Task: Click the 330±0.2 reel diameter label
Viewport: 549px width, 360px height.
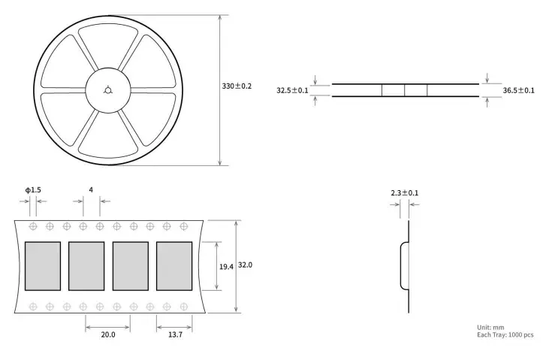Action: (x=237, y=86)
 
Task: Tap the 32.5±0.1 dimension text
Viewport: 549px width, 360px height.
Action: (x=292, y=90)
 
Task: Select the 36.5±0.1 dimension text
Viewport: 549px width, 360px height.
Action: (x=518, y=90)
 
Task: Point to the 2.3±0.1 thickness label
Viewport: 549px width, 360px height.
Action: (x=404, y=193)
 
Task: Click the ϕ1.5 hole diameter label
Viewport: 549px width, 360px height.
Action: (x=33, y=191)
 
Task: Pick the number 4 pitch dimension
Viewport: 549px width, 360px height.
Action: (x=91, y=191)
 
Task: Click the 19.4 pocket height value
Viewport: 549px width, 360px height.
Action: (x=225, y=266)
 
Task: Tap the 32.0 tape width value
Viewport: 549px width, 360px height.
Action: (x=246, y=265)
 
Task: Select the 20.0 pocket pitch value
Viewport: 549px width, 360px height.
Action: (x=107, y=335)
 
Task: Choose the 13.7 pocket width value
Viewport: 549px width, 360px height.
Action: (x=174, y=335)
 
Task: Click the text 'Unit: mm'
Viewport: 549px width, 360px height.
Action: (x=490, y=327)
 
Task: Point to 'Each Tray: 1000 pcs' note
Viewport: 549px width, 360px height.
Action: (x=505, y=335)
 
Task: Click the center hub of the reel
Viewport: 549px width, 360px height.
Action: (x=108, y=90)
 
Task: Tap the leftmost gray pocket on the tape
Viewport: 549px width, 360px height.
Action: (x=42, y=266)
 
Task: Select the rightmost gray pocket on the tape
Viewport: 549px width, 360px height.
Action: (x=174, y=266)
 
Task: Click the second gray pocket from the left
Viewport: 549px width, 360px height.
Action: (x=86, y=266)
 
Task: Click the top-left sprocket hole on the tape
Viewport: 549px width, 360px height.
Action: (x=33, y=226)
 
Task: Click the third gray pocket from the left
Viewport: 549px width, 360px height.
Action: (x=130, y=266)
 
